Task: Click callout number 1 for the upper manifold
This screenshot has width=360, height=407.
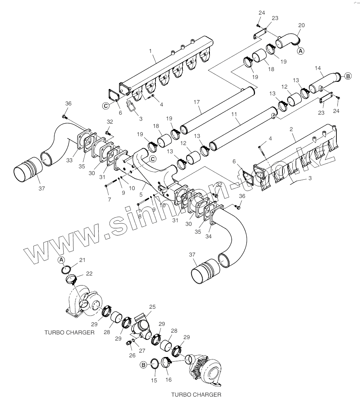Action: click(151, 51)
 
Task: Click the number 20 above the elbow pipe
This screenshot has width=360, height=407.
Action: click(301, 26)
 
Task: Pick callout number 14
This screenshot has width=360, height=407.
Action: click(318, 68)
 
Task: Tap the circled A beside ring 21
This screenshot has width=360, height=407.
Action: click(61, 260)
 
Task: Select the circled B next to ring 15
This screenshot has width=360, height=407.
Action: click(143, 365)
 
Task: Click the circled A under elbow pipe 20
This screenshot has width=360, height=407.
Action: click(301, 51)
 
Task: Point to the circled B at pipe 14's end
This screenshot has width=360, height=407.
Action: click(347, 76)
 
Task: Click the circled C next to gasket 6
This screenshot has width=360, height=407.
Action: click(106, 106)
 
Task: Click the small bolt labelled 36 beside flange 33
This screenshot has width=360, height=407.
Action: click(64, 116)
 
